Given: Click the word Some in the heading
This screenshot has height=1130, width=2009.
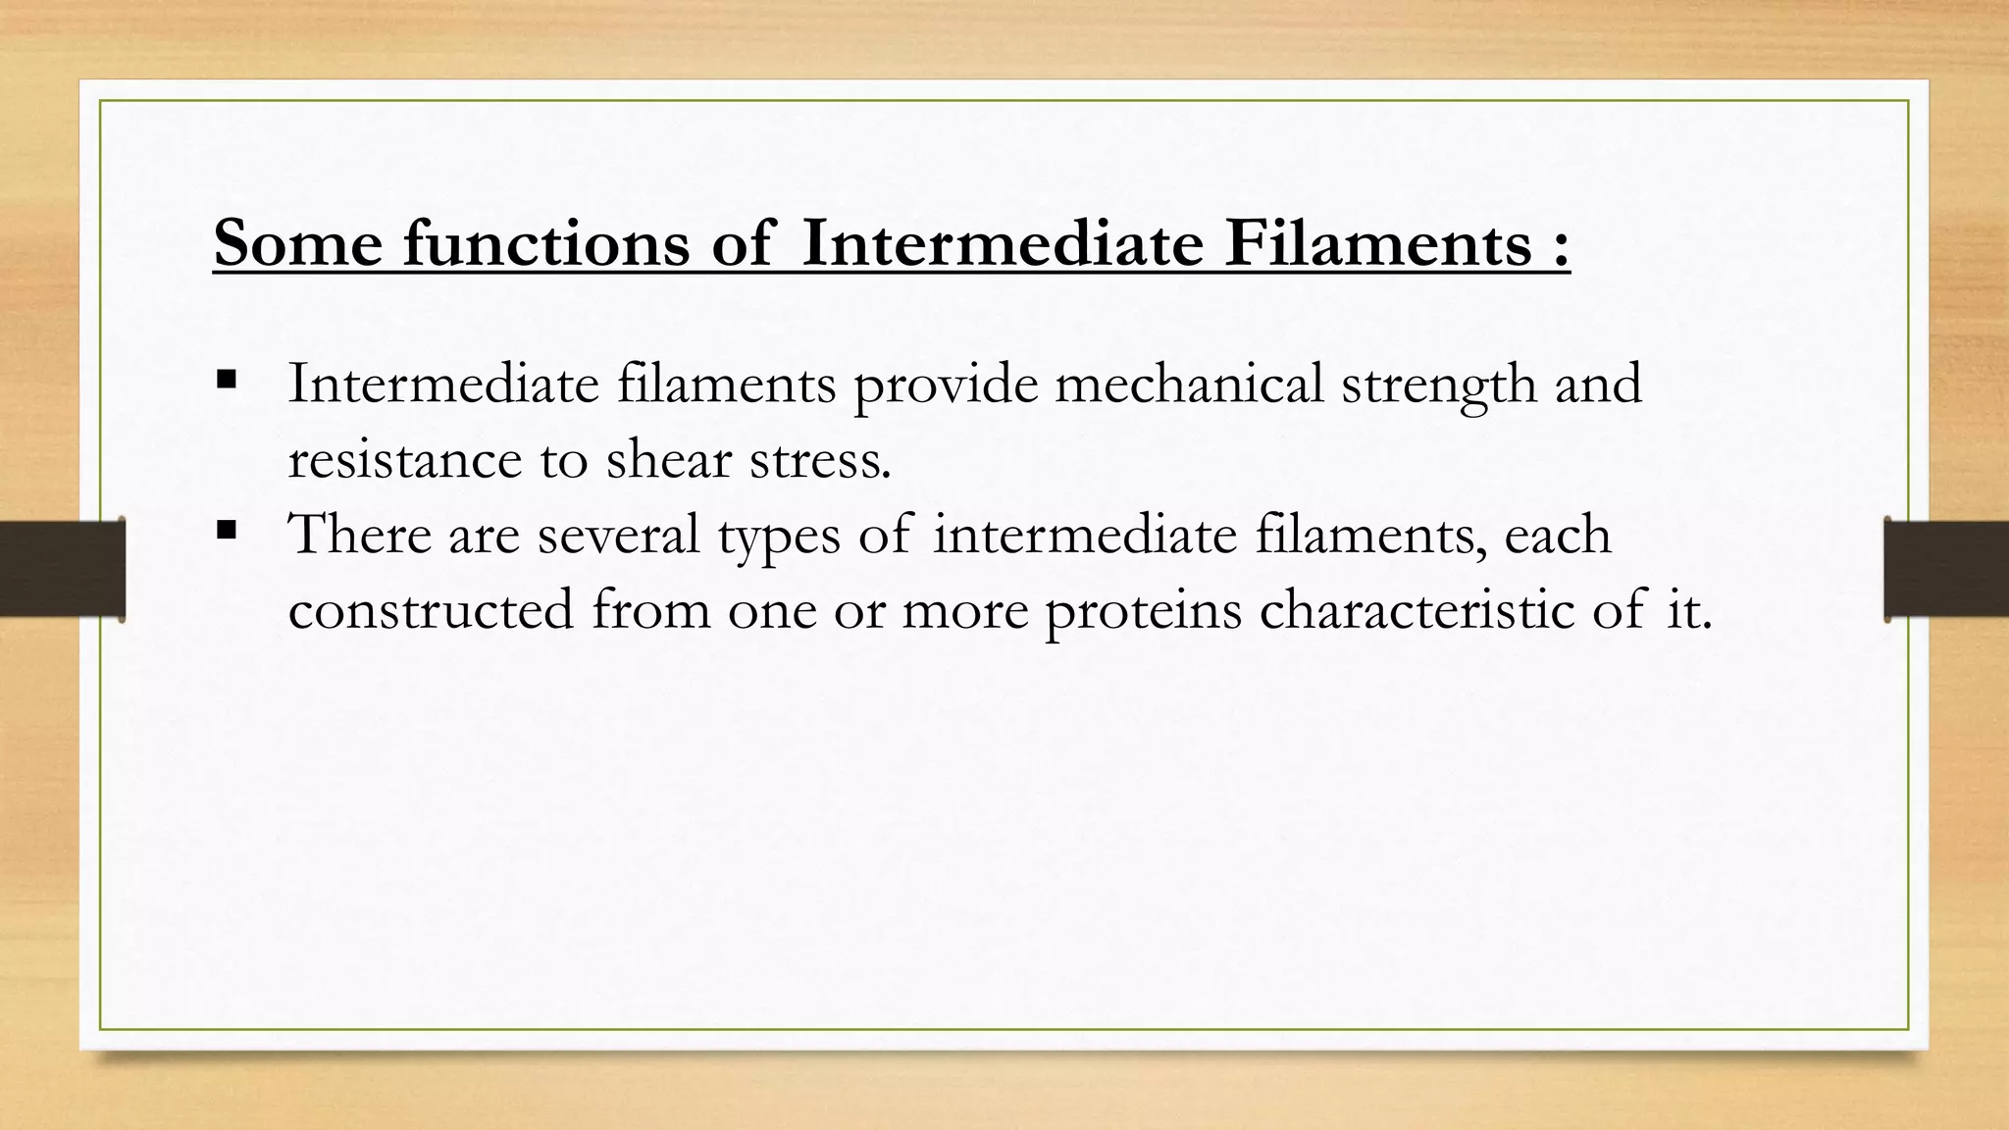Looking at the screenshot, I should (x=297, y=242).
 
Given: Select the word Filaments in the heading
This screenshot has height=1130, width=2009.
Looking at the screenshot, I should (x=1377, y=242).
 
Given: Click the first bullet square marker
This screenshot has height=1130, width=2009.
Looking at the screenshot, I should (x=227, y=379).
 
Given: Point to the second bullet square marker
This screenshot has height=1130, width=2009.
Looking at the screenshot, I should (x=227, y=531).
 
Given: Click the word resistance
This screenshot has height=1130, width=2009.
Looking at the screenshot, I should (x=405, y=459).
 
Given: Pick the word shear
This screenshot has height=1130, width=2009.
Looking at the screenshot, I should (x=668, y=459).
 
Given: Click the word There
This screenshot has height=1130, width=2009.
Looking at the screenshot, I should (x=360, y=535).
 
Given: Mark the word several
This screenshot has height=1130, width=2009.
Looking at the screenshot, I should (x=618, y=536).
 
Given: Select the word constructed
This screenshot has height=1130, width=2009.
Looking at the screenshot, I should (x=431, y=610).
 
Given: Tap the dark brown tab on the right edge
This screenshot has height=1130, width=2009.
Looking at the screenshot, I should (x=1946, y=569).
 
